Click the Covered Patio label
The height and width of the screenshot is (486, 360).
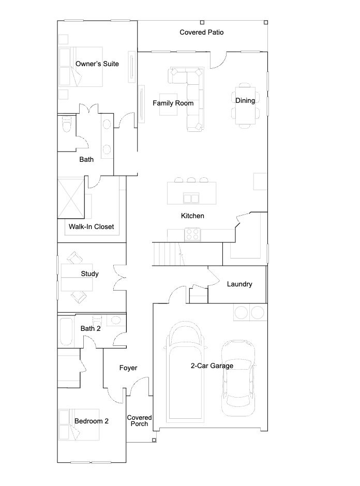[x=202, y=32]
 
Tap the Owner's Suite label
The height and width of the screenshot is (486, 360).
[x=97, y=64]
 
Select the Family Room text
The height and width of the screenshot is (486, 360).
[x=173, y=103]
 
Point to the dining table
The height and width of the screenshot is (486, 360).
[x=245, y=105]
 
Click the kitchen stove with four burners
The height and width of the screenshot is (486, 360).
[x=192, y=234]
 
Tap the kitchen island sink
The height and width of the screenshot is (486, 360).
[x=191, y=198]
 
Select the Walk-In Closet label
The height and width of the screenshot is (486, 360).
[x=92, y=226]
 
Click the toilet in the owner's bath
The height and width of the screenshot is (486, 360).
[x=67, y=124]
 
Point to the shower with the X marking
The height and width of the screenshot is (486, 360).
[x=71, y=198]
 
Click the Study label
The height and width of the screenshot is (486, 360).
[x=89, y=274]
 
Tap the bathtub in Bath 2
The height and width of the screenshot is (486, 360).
[x=66, y=331]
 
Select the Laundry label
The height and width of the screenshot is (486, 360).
[x=239, y=284]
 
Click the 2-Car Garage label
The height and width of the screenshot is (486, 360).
[x=212, y=366]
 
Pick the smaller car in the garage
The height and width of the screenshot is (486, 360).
[x=238, y=378]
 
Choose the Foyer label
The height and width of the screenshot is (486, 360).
[x=128, y=368]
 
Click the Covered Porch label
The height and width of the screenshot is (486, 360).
[x=139, y=421]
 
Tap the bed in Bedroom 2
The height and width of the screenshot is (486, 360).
[x=79, y=424]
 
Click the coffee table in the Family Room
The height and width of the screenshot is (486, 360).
[x=169, y=105]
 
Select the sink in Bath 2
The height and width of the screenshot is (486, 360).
[x=116, y=320]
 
